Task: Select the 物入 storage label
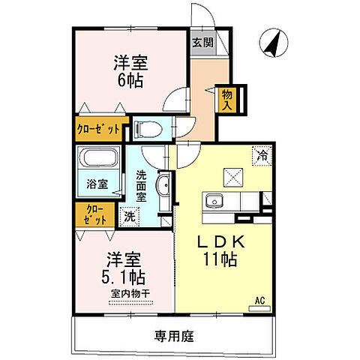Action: (x=226, y=98)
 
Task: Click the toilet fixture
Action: (x=148, y=129)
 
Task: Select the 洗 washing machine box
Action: (x=130, y=217)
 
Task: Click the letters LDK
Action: (x=220, y=243)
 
